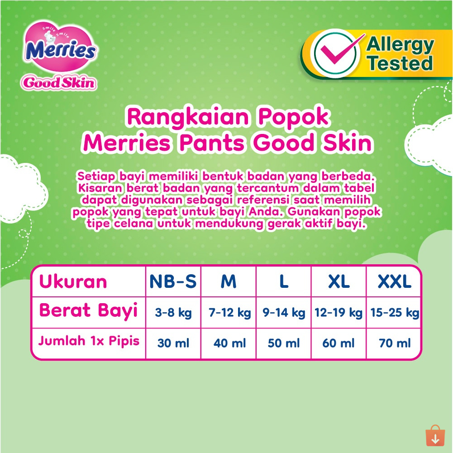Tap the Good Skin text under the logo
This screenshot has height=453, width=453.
tap(59, 83)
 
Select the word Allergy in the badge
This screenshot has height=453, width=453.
tap(401, 45)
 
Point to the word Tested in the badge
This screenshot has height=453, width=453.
tap(401, 63)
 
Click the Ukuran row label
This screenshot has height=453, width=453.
tap(73, 281)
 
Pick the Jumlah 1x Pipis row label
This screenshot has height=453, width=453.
tap(89, 341)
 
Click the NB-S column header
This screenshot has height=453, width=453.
tap(173, 281)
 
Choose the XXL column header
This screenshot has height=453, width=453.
tap(395, 281)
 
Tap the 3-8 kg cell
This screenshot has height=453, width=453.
tap(173, 313)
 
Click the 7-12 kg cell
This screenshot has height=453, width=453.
tap(230, 313)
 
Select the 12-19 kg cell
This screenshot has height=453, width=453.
tap(339, 313)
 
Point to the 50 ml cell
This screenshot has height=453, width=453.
tap(284, 343)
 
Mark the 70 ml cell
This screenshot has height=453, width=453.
tap(395, 343)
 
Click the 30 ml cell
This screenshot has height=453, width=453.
tap(173, 343)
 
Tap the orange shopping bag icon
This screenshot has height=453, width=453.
tap(435, 435)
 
